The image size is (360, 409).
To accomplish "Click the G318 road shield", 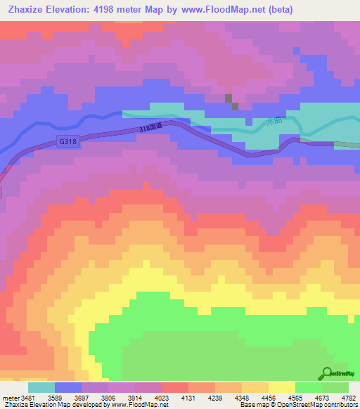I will (x=67, y=141).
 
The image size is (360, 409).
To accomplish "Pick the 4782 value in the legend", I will (x=349, y=397).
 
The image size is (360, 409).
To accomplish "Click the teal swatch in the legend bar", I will (x=41, y=387).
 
